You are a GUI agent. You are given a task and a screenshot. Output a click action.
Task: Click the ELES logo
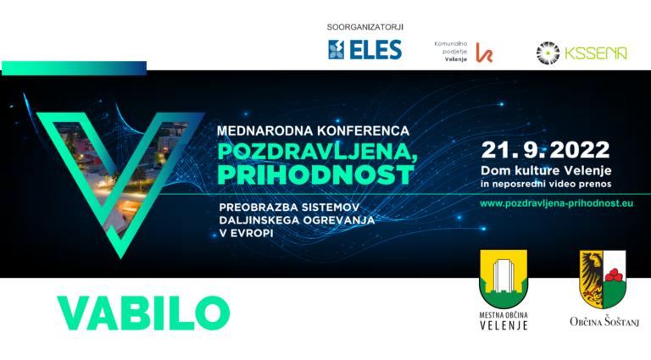click(365, 50)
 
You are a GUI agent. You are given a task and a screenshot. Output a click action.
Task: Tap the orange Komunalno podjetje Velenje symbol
click(484, 53)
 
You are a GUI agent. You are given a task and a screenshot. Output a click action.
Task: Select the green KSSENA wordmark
click(596, 53)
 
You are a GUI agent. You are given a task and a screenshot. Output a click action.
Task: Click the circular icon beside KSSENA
click(548, 53)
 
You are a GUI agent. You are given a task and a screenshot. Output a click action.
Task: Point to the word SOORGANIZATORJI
click(365, 27)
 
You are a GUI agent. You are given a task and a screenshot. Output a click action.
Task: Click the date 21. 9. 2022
click(546, 150)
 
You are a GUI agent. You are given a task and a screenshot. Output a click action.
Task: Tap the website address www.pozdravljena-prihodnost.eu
click(556, 203)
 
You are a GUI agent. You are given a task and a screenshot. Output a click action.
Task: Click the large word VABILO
click(143, 313)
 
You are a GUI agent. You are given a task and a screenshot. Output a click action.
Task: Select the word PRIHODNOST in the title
click(316, 174)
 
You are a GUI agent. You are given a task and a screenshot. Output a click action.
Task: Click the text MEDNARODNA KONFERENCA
click(313, 131)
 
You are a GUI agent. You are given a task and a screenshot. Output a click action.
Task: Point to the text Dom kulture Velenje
click(546, 170)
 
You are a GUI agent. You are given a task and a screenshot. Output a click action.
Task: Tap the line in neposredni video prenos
click(546, 184)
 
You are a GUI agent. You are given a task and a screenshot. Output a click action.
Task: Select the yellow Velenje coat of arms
click(504, 279)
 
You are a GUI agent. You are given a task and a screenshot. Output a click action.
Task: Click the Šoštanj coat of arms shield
click(603, 280)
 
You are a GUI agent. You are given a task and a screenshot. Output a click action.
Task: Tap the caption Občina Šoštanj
click(604, 321)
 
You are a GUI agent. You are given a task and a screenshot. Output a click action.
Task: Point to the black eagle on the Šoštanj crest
click(591, 276)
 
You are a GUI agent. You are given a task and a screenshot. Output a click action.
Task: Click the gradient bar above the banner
click(75, 68)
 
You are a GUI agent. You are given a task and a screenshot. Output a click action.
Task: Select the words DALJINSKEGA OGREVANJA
click(297, 220)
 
